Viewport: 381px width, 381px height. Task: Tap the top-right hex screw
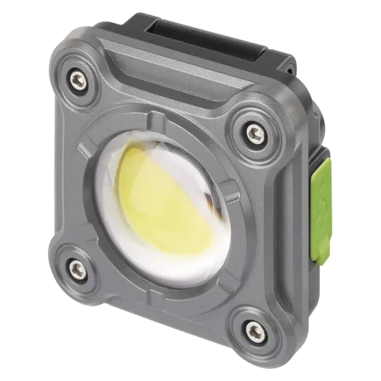(254, 131)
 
